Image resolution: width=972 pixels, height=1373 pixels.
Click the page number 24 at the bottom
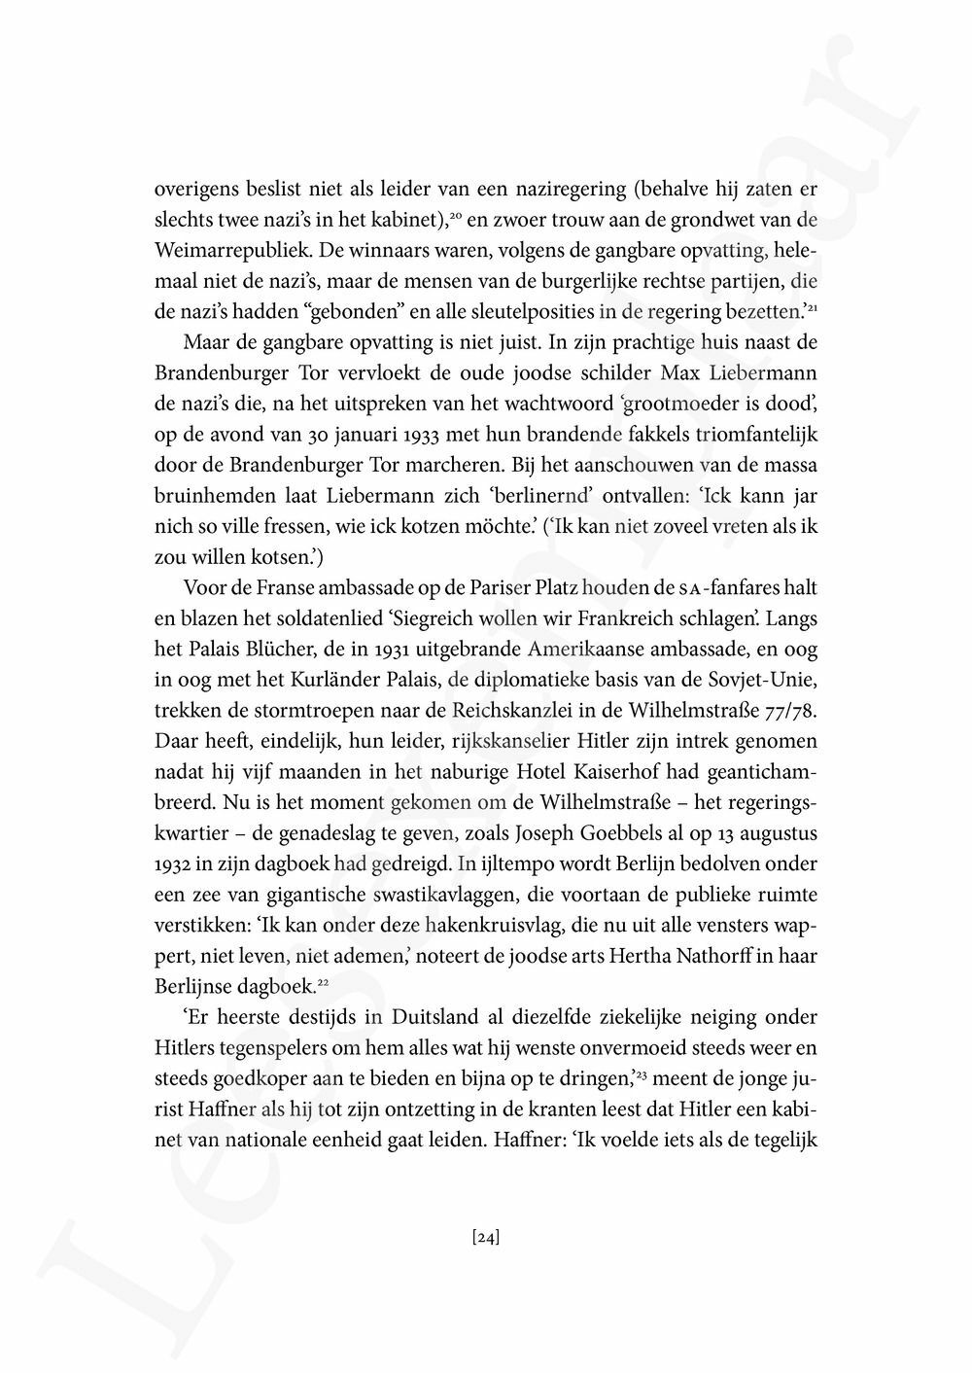(x=485, y=1238)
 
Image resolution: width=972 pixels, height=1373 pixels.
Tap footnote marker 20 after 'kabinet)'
(x=455, y=213)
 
